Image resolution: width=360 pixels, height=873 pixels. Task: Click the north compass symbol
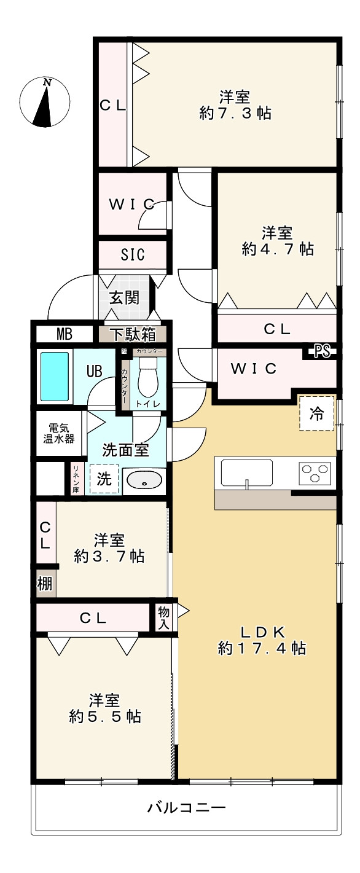click(44, 103)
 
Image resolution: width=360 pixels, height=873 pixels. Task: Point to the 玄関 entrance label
click(125, 298)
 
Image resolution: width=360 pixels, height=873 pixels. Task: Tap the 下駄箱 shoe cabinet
click(133, 335)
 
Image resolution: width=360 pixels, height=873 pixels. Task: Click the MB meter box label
click(65, 335)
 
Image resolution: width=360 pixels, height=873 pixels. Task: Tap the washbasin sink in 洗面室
click(144, 481)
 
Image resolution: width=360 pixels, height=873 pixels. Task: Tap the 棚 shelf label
click(45, 584)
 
